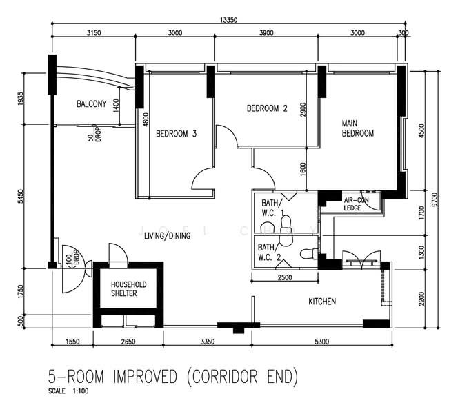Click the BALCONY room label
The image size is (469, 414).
(x=92, y=104)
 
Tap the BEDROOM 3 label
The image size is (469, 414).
(x=176, y=133)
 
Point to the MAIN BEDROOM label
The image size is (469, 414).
(x=357, y=128)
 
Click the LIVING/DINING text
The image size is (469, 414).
(x=167, y=235)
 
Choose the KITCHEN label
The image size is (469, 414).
(x=322, y=302)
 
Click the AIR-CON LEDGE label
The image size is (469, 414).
(x=357, y=204)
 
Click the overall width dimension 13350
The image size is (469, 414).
(x=228, y=21)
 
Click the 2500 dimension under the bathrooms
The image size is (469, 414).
(x=283, y=277)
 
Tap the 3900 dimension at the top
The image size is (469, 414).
(x=266, y=32)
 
